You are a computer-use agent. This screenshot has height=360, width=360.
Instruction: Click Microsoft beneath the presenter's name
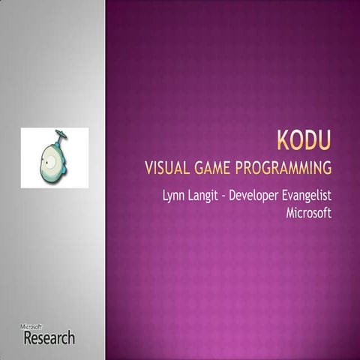[309, 213]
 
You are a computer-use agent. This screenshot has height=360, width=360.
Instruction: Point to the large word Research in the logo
[49, 337]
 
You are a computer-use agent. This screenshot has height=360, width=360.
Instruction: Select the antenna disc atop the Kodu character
[61, 134]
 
